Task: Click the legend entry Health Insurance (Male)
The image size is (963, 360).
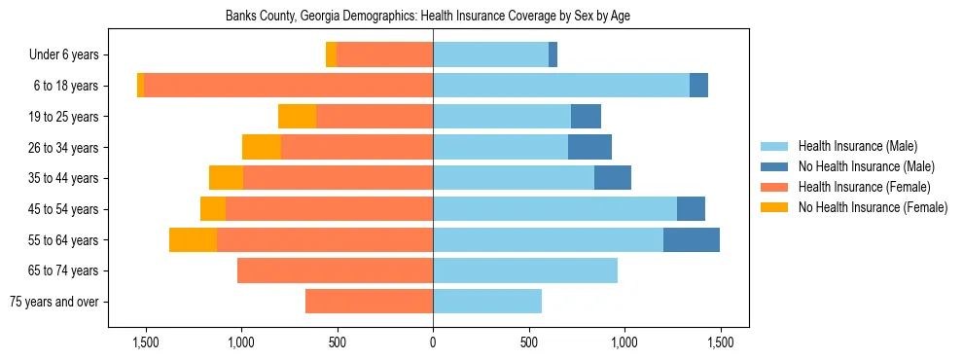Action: (857, 146)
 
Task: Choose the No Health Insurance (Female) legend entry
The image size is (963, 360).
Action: (873, 207)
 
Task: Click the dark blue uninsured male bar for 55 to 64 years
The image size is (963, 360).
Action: (691, 239)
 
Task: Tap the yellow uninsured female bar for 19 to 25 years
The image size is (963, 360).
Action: (297, 117)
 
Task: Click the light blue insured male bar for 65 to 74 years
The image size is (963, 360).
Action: (525, 270)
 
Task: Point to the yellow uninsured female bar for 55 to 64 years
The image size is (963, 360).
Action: (193, 239)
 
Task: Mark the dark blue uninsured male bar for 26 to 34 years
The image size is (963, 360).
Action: (589, 148)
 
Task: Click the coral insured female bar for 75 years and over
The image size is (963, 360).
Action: (369, 302)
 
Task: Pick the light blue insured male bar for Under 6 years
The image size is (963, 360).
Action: (490, 55)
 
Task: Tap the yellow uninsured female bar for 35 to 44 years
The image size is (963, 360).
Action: (226, 178)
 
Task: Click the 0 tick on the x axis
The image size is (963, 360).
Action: (433, 343)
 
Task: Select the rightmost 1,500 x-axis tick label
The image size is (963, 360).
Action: (720, 343)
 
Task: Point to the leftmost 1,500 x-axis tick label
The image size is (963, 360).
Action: (146, 343)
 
